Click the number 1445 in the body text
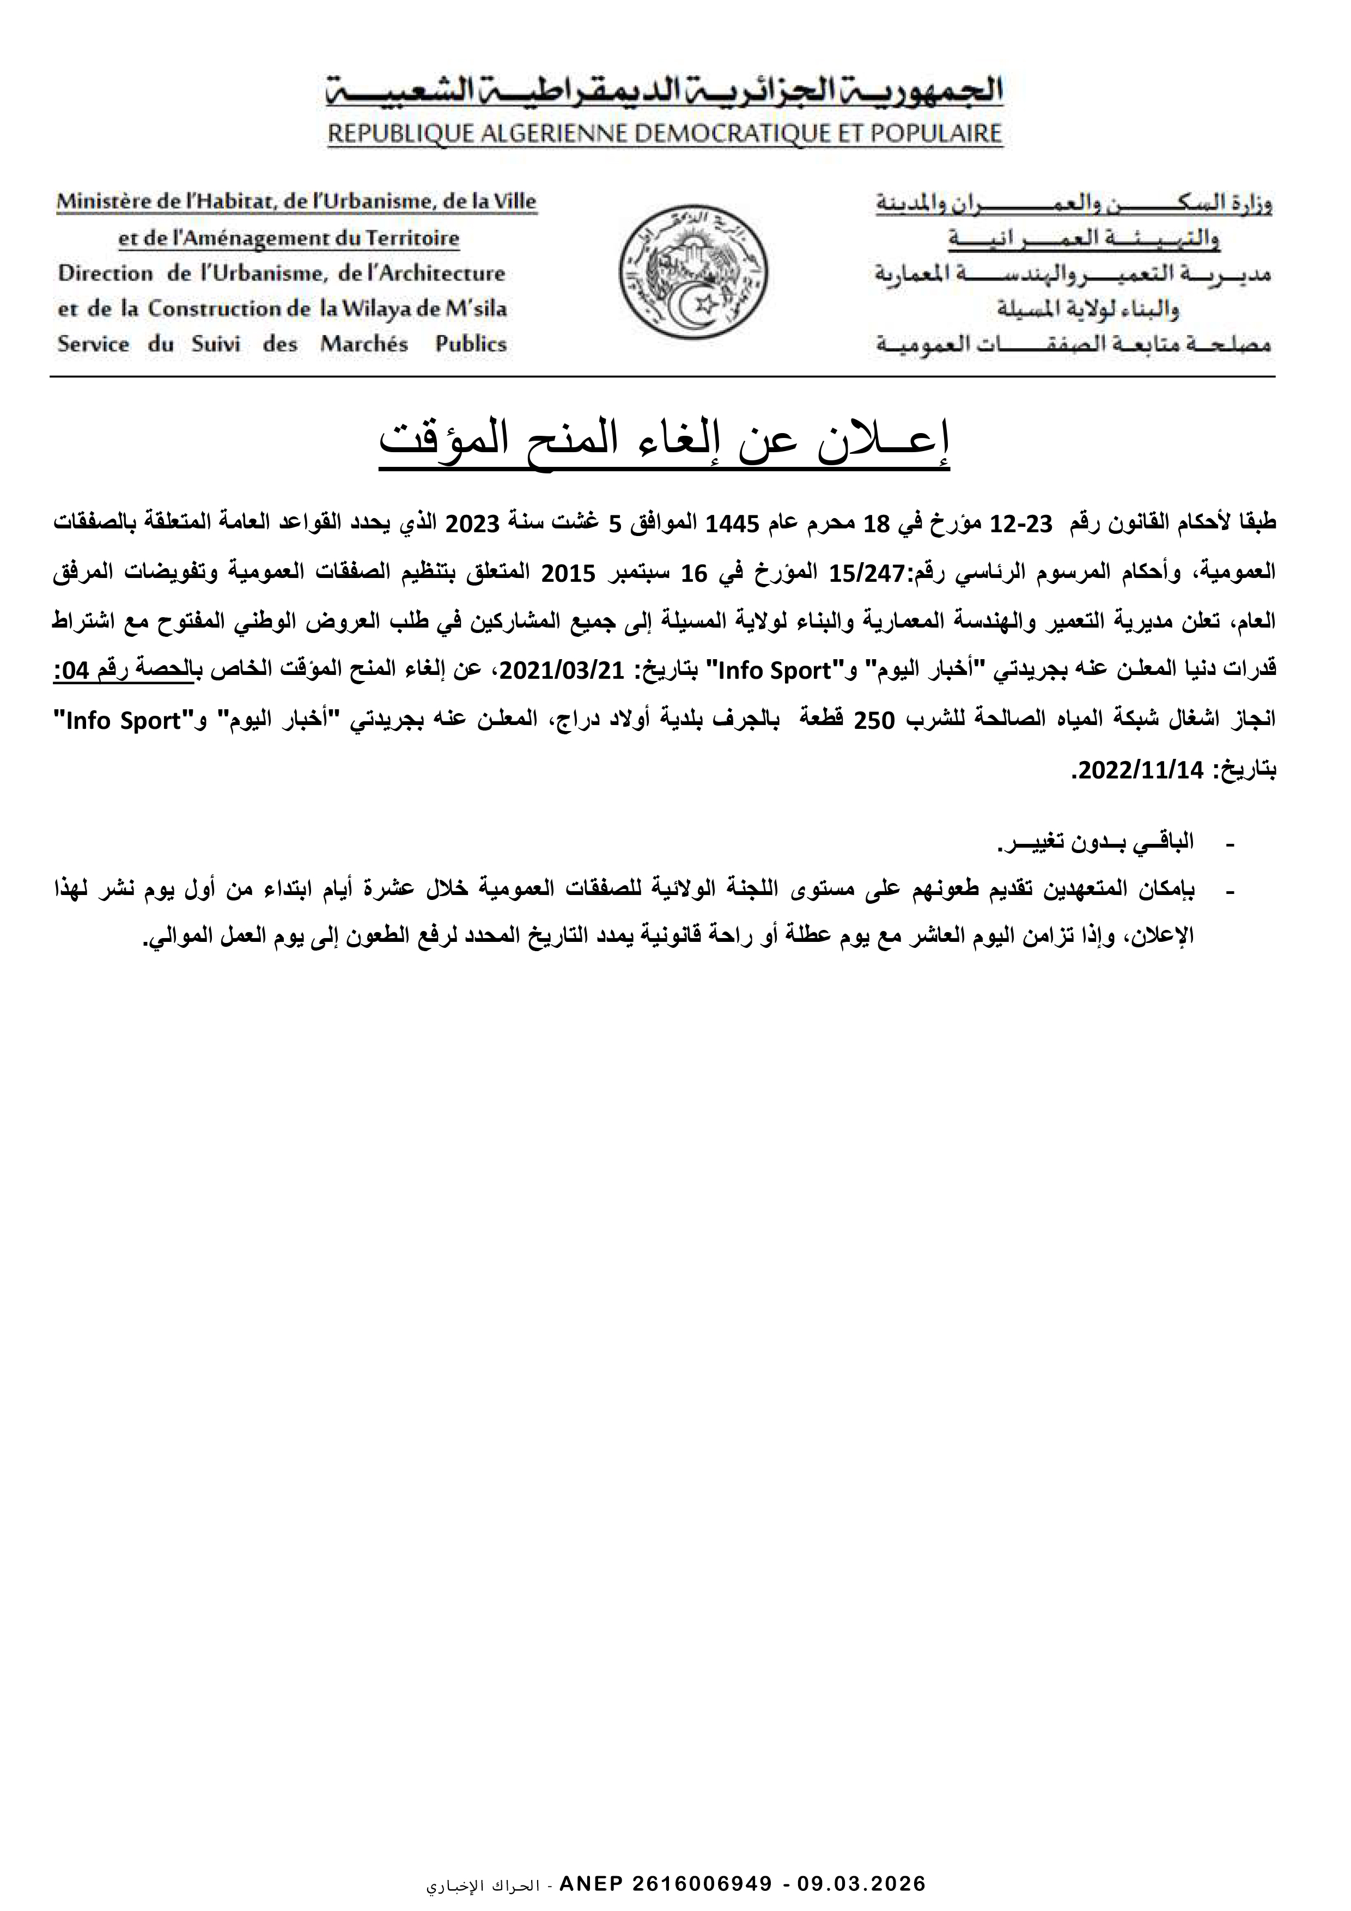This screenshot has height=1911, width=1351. (x=728, y=525)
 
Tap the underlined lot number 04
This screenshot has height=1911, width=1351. (x=78, y=671)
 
